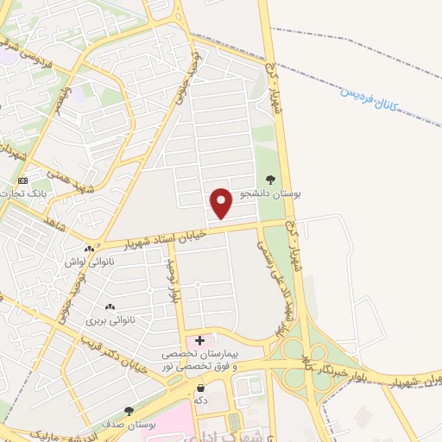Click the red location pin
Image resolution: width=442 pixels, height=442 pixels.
click(222, 202)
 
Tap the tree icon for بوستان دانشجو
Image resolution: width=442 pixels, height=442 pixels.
click(272, 180)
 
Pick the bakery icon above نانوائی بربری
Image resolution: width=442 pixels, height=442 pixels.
click(110, 307)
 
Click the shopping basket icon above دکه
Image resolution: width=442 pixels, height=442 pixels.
click(200, 389)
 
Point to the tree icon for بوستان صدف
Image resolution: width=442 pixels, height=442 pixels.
click(129, 411)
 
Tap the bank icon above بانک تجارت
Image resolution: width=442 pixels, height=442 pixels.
click(22, 180)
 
